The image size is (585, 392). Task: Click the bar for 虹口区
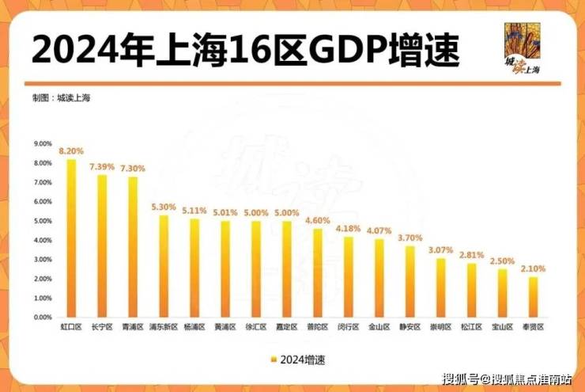click(71, 238)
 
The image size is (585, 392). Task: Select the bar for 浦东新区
click(164, 266)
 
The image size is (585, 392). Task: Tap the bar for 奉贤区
click(534, 297)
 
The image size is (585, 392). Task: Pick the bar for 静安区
click(410, 281)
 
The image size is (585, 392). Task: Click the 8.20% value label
click(71, 150)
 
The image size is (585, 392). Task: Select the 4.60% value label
click(318, 220)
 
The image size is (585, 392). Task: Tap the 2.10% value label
click(534, 268)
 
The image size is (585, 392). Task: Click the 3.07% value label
click(441, 250)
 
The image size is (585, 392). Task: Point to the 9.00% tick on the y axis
click(42, 144)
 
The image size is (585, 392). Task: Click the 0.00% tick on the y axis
click(42, 318)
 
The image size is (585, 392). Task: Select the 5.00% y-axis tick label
click(42, 221)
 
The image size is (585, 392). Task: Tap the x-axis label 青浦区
click(132, 326)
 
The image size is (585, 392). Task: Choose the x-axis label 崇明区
click(441, 326)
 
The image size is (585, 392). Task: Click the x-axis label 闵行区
click(349, 326)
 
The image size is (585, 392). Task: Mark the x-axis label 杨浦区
click(194, 326)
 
